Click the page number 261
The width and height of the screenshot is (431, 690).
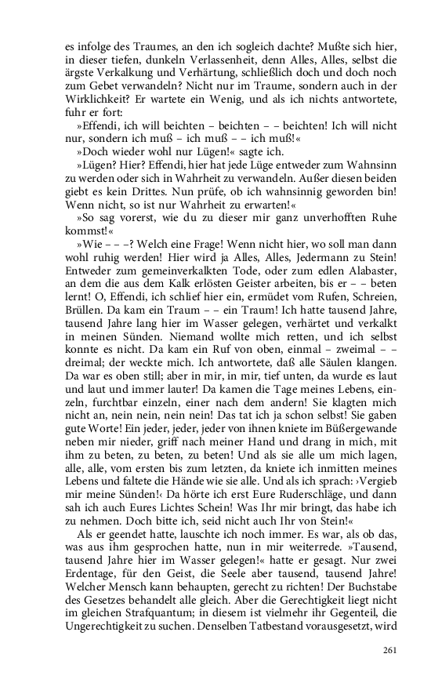point(390,650)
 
